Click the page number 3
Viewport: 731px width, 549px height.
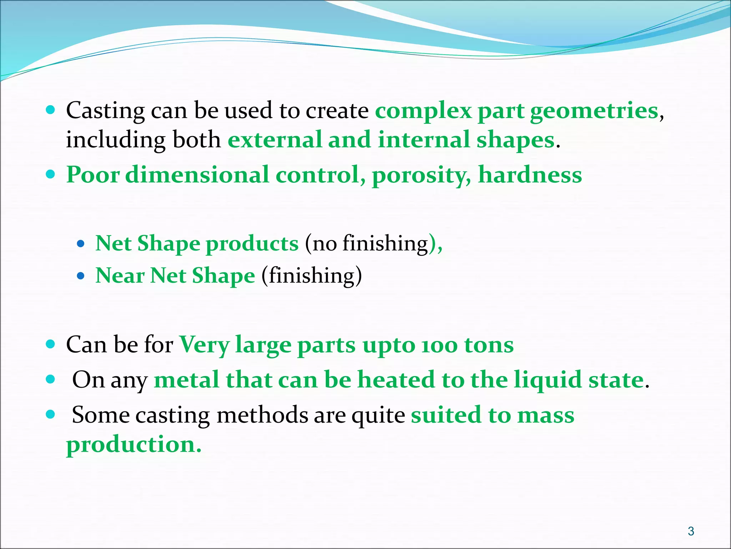click(691, 531)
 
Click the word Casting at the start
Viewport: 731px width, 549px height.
click(105, 111)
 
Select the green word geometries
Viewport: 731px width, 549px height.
click(594, 111)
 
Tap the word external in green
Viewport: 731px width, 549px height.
click(275, 140)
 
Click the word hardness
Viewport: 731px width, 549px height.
click(530, 175)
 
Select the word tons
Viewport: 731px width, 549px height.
click(489, 345)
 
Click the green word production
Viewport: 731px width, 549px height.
click(134, 445)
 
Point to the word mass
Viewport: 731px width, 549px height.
click(546, 416)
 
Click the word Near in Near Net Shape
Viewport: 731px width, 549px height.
click(120, 276)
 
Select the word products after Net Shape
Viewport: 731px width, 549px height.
click(252, 244)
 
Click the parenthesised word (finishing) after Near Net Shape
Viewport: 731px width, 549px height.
click(312, 276)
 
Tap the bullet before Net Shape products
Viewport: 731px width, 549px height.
click(81, 244)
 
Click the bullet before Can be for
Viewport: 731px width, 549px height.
click(51, 344)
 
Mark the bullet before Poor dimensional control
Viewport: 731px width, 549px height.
click(51, 174)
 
